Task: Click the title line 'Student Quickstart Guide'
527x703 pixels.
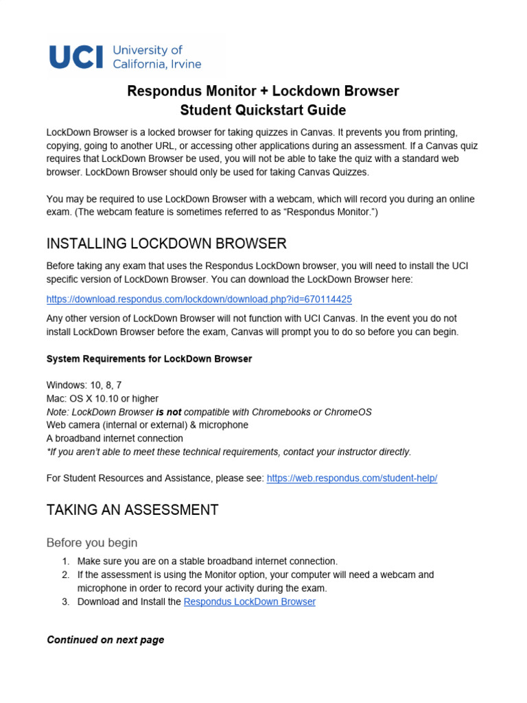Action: [x=263, y=111]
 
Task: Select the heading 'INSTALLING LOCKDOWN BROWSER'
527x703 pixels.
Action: [x=166, y=244]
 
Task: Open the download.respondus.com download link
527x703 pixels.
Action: [x=199, y=299]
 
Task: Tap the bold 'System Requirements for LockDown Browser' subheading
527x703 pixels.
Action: [x=149, y=359]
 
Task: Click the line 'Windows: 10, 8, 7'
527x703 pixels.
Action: [x=84, y=385]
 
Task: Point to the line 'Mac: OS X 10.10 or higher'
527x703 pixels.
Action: [x=102, y=398]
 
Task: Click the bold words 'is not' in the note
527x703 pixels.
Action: [x=168, y=412]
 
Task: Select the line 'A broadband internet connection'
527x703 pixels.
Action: [x=115, y=438]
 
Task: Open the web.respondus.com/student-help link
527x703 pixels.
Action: [x=351, y=478]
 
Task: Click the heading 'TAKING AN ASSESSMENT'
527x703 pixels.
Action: [x=132, y=510]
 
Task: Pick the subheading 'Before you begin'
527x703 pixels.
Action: [x=92, y=543]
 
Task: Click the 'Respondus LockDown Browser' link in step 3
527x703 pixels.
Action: [x=250, y=602]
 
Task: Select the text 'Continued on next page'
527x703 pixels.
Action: [x=105, y=640]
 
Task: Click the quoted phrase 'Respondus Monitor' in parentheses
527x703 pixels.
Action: [x=321, y=213]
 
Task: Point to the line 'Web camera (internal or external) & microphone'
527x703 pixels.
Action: [x=147, y=425]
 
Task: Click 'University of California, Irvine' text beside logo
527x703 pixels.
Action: [x=156, y=57]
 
